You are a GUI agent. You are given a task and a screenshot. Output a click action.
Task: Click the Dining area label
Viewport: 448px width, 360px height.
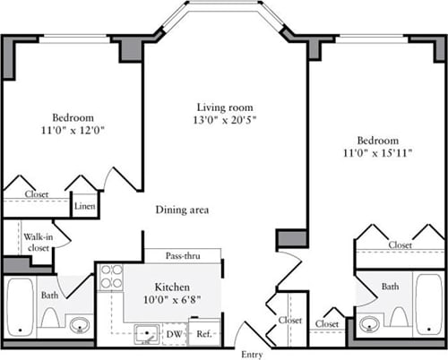point(182,210)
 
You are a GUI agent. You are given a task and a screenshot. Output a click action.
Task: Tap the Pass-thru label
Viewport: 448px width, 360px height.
point(183,255)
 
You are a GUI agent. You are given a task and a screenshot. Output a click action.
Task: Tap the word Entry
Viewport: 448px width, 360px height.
point(254,355)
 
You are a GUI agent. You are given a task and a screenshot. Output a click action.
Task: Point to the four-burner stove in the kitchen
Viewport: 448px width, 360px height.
point(110,278)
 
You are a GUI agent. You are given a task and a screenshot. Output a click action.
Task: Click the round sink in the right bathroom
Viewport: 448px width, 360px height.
point(368,322)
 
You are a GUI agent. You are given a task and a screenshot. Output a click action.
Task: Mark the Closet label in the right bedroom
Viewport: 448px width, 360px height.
point(400,244)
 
